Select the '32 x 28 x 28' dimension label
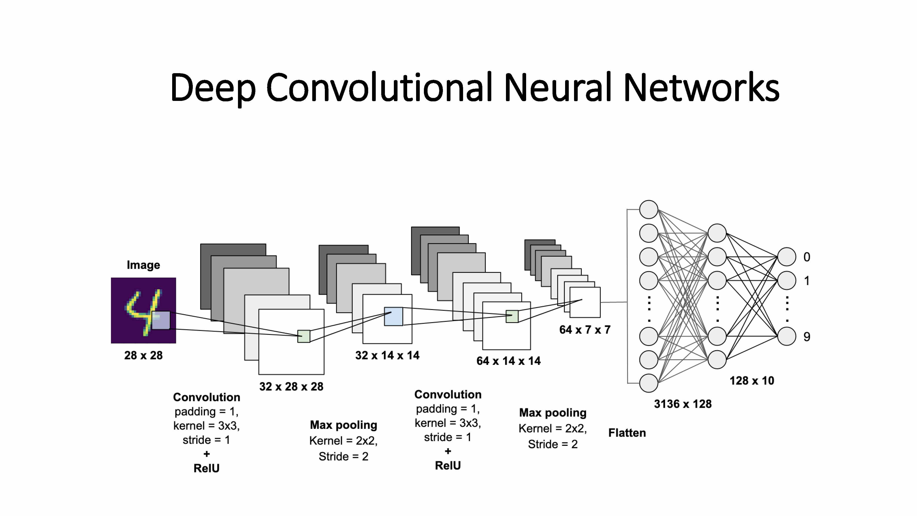tap(291, 386)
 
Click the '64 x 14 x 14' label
tap(508, 361)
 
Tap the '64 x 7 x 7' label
tap(585, 330)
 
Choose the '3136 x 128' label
tap(682, 404)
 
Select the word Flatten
tap(627, 433)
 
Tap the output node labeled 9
tap(786, 336)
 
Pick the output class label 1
tap(807, 281)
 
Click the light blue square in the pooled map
tap(393, 316)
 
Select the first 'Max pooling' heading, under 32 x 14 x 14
tap(343, 425)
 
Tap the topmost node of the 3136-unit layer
tap(648, 209)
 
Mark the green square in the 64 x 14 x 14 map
tap(512, 316)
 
